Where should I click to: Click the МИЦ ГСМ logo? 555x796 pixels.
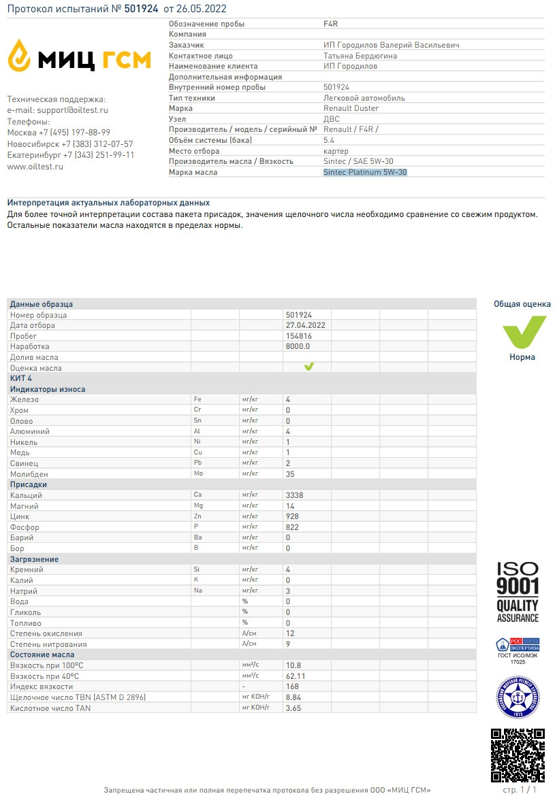click(x=79, y=56)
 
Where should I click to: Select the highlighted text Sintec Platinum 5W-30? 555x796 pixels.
click(x=365, y=172)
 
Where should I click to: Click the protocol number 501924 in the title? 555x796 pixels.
click(x=141, y=9)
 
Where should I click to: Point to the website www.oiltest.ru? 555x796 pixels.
click(x=35, y=166)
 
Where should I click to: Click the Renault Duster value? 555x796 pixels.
click(x=351, y=108)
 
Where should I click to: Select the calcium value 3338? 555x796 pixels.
click(x=295, y=495)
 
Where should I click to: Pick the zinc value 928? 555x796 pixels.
click(x=293, y=516)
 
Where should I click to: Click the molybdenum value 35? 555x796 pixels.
click(x=290, y=474)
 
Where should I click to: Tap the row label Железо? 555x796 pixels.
click(x=25, y=399)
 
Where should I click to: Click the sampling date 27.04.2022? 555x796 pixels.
click(x=306, y=325)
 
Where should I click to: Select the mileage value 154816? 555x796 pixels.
click(x=299, y=336)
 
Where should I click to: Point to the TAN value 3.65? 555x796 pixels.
click(x=294, y=708)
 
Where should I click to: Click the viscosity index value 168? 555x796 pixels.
click(x=293, y=686)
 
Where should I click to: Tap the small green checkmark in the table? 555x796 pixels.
click(x=308, y=367)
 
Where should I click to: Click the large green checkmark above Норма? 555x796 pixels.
click(x=523, y=332)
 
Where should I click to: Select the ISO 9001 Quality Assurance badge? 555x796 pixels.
click(x=518, y=592)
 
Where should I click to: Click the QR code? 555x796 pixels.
click(x=518, y=755)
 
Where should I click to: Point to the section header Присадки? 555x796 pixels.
click(x=28, y=484)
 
